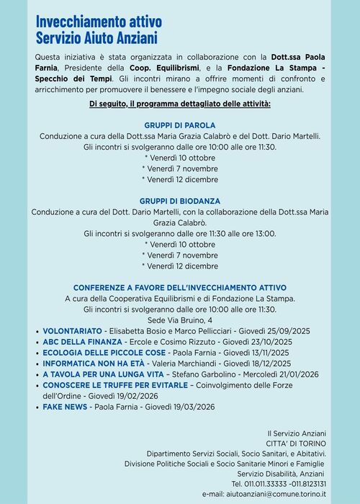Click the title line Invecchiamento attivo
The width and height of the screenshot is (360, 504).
99,21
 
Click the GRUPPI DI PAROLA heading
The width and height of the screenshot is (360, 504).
180,125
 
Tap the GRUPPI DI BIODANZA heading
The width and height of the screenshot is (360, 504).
180,200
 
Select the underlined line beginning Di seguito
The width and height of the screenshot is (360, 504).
180,104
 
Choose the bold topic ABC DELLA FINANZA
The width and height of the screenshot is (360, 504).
81,341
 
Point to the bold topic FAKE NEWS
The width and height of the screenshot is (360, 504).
65,407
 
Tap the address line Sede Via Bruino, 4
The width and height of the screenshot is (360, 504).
180,319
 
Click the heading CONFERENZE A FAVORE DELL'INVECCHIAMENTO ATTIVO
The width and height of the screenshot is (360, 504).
180,287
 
